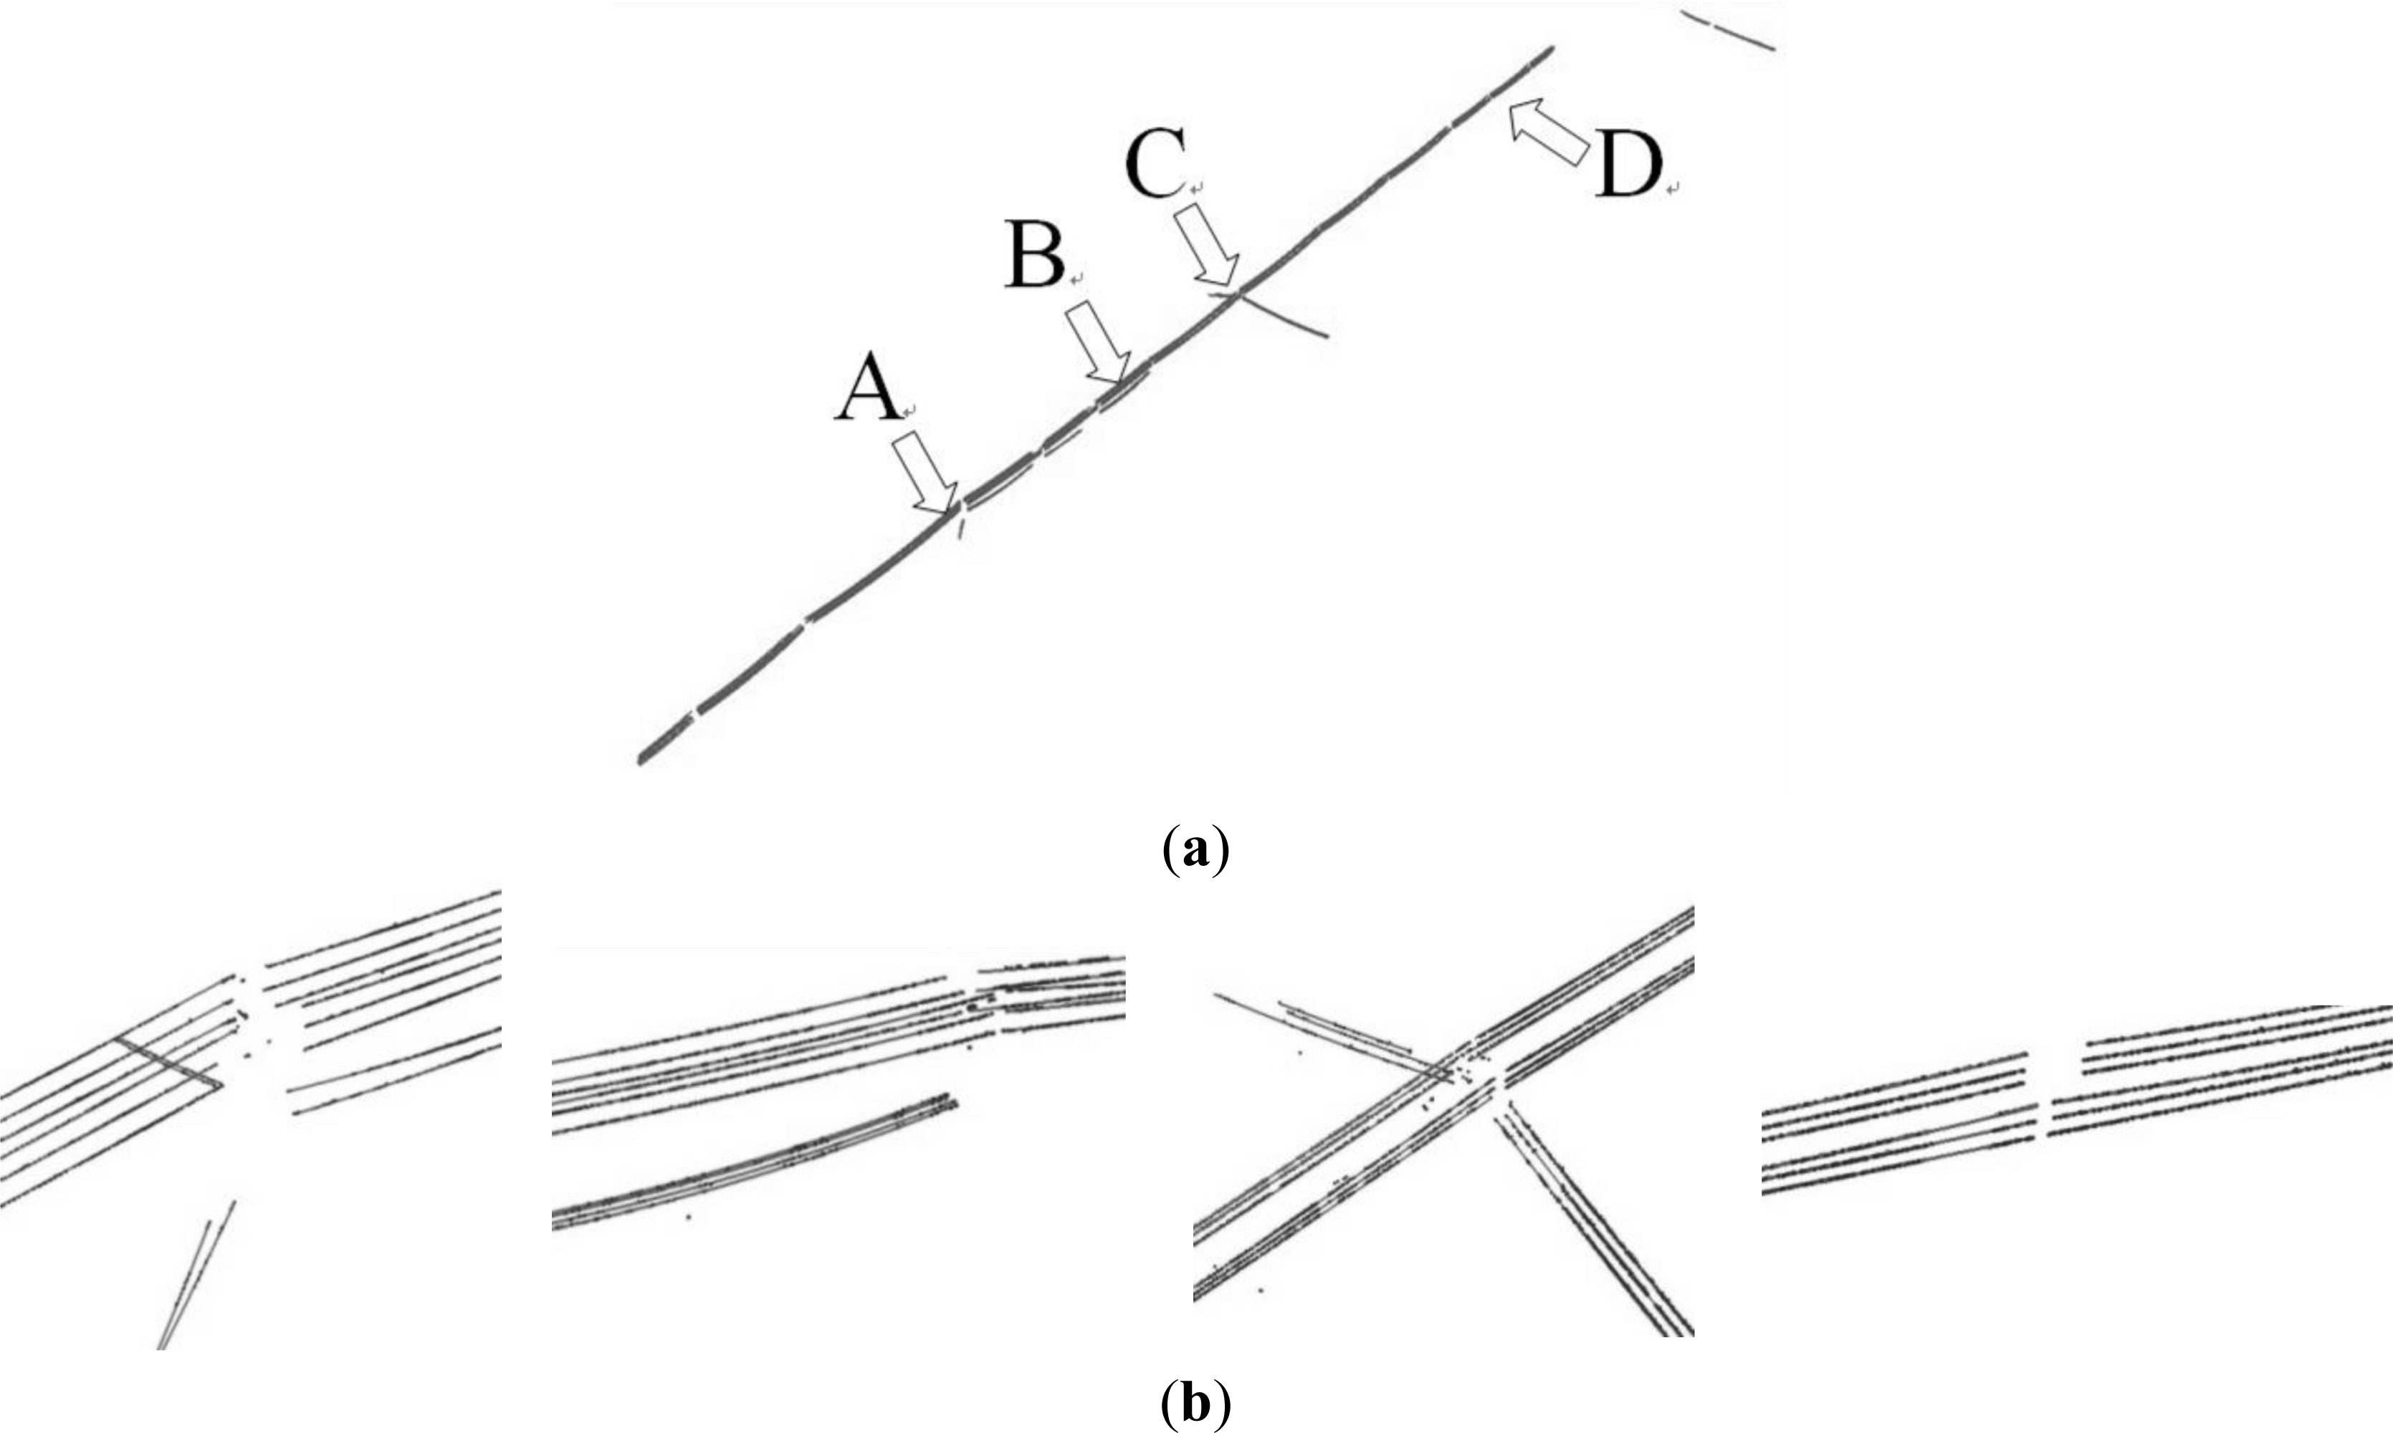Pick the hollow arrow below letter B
[1097, 344]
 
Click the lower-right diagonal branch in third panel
[1594, 1226]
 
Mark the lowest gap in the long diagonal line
[694, 715]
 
